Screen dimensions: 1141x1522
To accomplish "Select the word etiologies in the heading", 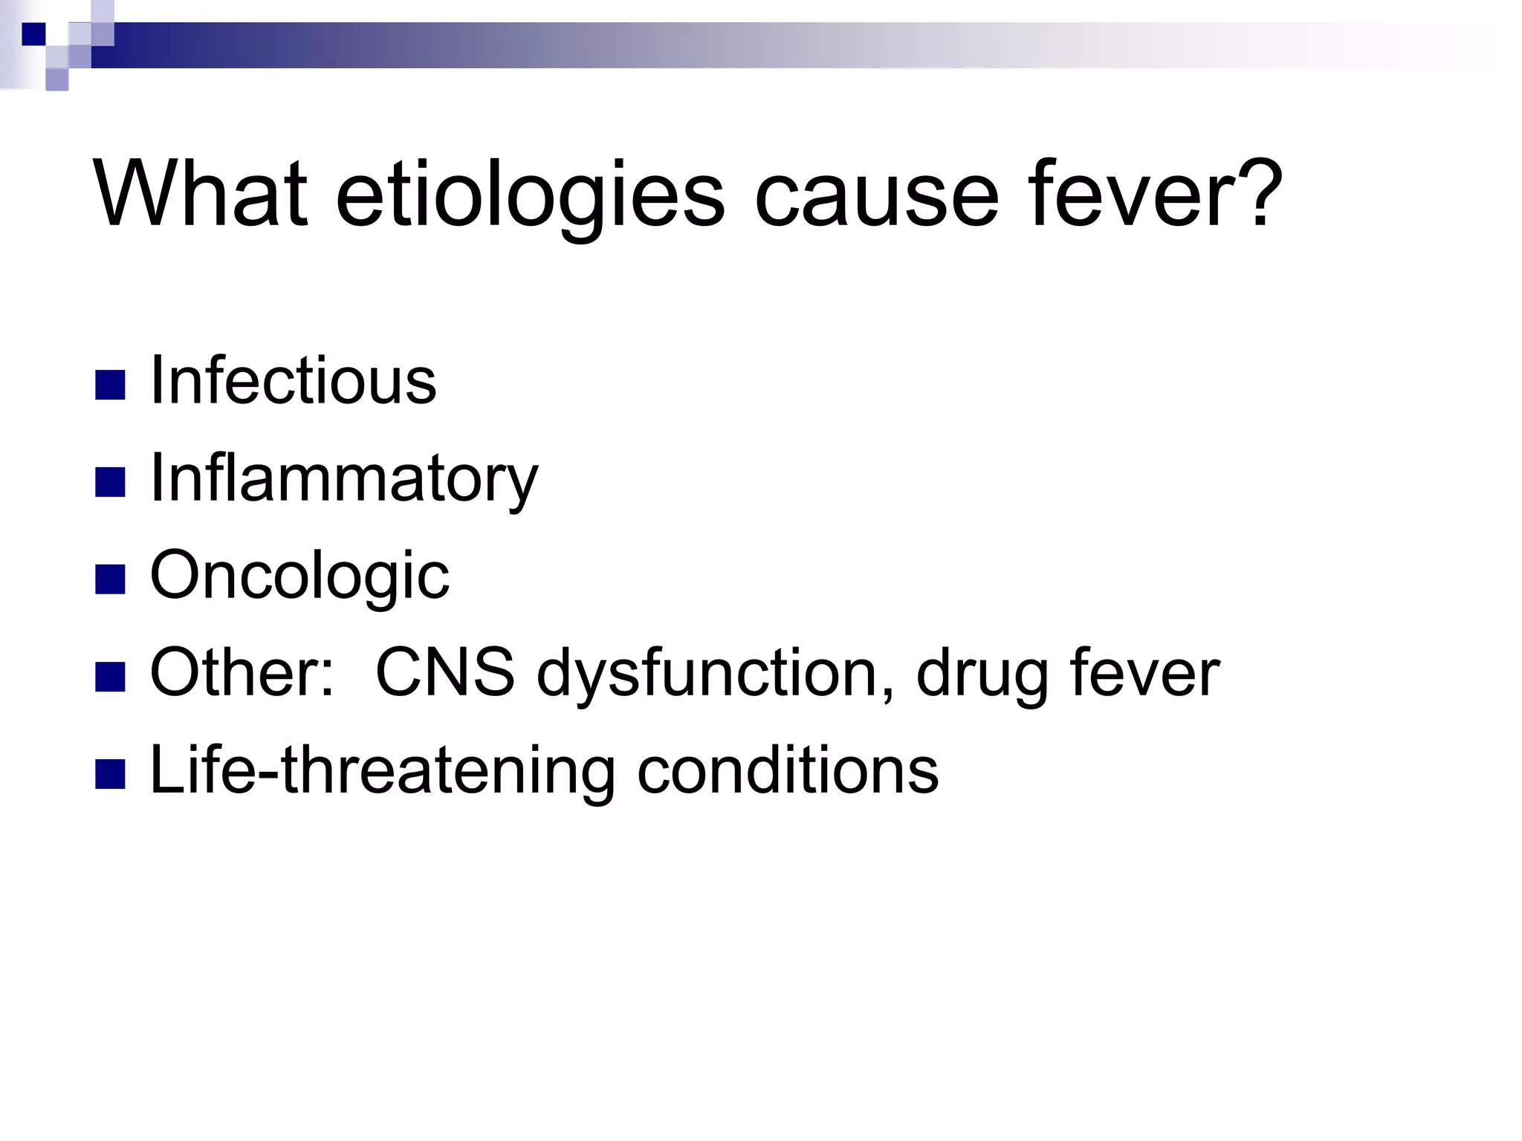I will pyautogui.click(x=530, y=195).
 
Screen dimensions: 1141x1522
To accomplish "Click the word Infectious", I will pyautogui.click(x=293, y=380).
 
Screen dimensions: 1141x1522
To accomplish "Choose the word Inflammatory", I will pyautogui.click(x=343, y=479).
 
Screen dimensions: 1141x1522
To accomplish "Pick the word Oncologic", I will pyautogui.click(x=299, y=576).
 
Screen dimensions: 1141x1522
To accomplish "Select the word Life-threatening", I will pyautogui.click(x=382, y=770).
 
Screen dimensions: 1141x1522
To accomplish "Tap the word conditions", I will pyautogui.click(x=788, y=770).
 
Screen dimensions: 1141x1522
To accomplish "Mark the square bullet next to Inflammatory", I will pyautogui.click(x=111, y=482).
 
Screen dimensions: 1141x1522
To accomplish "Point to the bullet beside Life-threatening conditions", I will pyautogui.click(x=111, y=774).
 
